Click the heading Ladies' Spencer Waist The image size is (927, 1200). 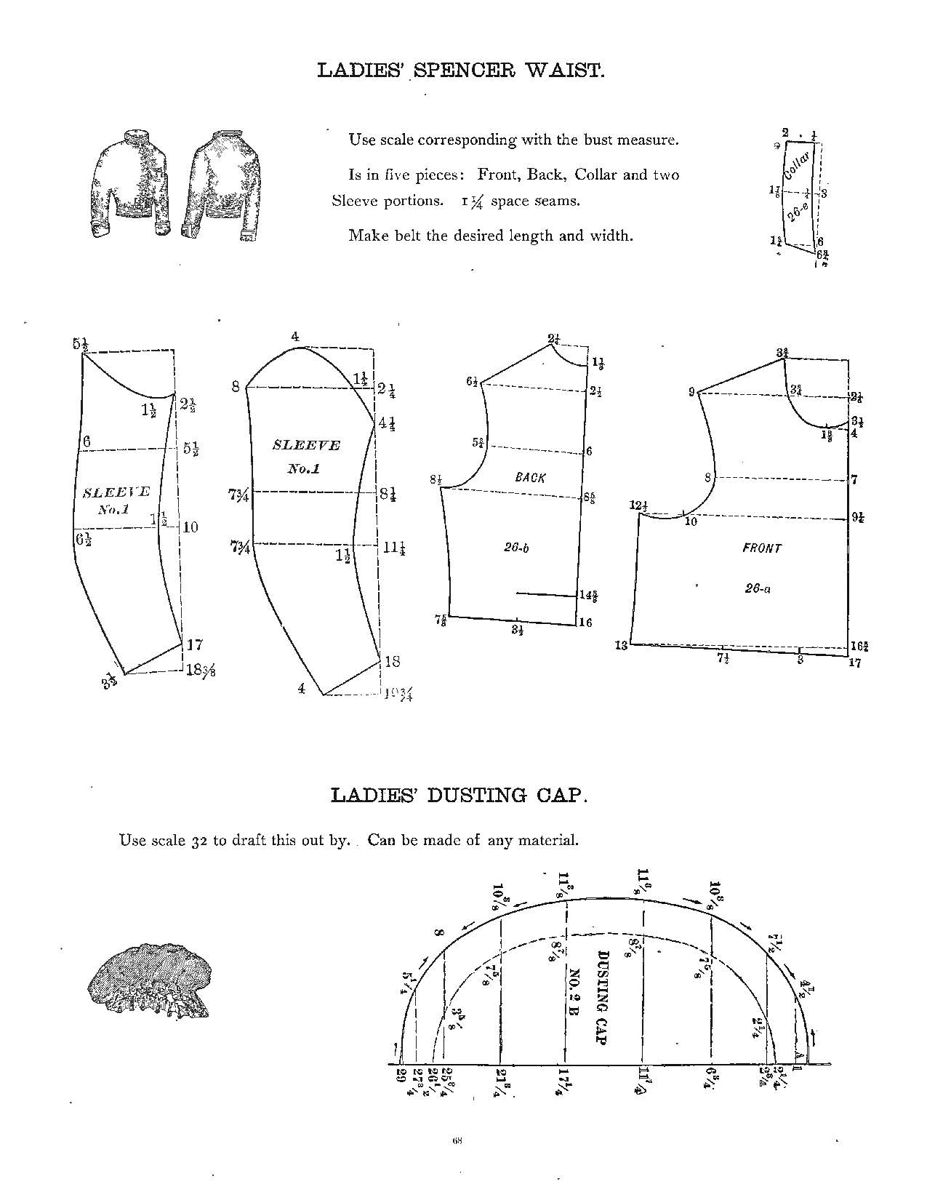tap(462, 71)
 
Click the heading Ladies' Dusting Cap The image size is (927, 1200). tap(458, 794)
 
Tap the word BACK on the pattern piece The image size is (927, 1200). tap(530, 478)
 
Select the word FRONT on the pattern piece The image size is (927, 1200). tap(761, 548)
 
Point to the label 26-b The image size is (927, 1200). tap(515, 548)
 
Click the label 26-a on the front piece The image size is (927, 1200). tap(757, 589)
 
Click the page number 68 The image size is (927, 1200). tap(457, 1140)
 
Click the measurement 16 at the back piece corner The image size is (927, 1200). tap(585, 623)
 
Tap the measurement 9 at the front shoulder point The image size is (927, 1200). tap(691, 393)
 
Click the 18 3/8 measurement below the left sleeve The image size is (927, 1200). tap(201, 671)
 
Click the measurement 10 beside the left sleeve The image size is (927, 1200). tap(190, 527)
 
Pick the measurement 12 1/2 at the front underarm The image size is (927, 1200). tap(640, 505)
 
